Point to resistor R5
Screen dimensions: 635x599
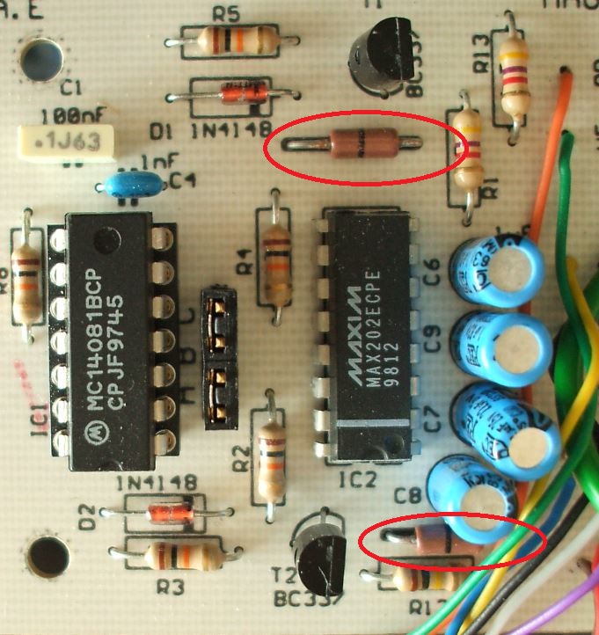tap(230, 38)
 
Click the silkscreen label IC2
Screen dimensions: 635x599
tap(358, 481)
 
